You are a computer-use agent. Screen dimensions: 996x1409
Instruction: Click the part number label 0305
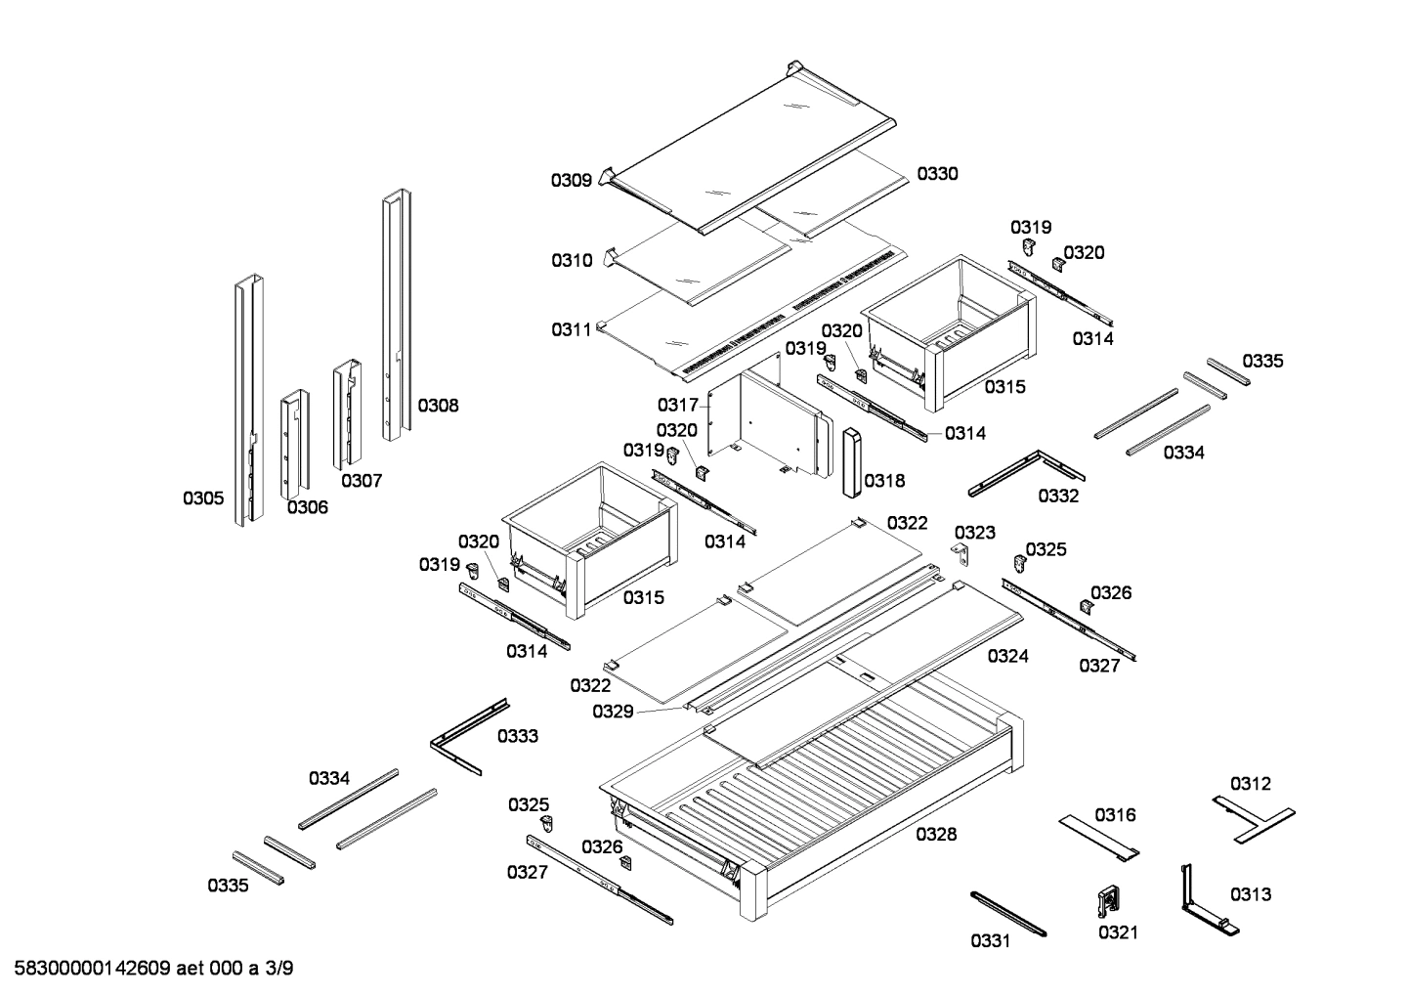[203, 498]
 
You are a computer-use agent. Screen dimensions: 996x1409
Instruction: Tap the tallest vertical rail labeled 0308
[396, 313]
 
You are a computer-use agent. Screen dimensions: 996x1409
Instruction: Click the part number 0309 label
[571, 180]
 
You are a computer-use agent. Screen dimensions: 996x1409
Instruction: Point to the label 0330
[937, 174]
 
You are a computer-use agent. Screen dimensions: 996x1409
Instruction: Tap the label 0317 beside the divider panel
[677, 405]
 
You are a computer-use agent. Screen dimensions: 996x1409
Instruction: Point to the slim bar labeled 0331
[1007, 913]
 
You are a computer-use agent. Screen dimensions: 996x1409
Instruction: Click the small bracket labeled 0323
[962, 554]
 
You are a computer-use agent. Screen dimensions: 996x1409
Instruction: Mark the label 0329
[613, 712]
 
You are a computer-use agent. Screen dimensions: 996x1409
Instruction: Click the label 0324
[1007, 657]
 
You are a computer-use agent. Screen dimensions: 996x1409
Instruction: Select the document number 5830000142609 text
[93, 970]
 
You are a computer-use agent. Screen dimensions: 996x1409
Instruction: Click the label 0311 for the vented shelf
[572, 330]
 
